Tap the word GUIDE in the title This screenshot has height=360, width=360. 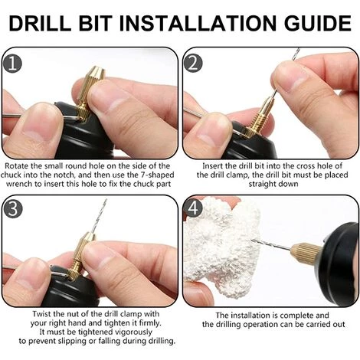coord(317,23)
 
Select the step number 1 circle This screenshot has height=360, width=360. coord(12,64)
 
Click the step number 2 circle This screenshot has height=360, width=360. coord(193,64)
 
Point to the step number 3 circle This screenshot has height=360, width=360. coord(12,208)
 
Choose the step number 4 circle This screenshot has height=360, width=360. coord(193,208)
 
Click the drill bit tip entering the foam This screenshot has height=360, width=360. coord(253,240)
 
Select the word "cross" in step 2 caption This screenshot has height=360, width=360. coord(306,166)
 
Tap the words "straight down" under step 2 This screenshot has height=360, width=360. coord(273,184)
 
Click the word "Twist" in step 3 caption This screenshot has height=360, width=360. coord(42,314)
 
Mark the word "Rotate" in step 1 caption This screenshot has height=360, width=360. coord(17,166)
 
